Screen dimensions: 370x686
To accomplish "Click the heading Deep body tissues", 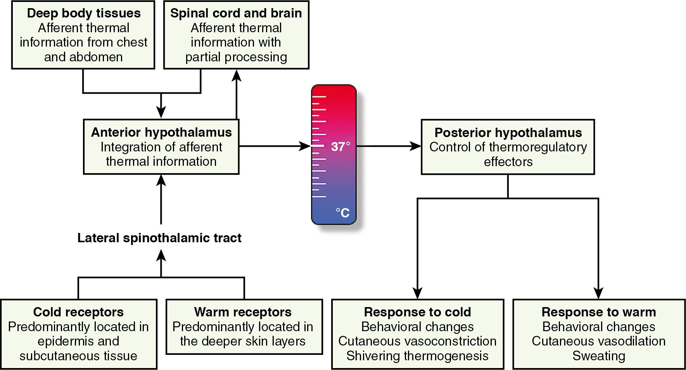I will (x=84, y=13).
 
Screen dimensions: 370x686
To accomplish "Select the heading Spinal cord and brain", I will (x=236, y=13).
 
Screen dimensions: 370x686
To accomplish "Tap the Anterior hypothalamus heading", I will (x=161, y=132).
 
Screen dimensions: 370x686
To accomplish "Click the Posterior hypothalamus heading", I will (x=508, y=133).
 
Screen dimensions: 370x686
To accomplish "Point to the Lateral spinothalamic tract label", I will (x=159, y=238).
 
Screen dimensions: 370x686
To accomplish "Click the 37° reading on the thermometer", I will (x=340, y=147).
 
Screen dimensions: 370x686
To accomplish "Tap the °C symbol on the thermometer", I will (x=342, y=213).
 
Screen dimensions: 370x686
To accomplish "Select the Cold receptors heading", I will (x=78, y=312).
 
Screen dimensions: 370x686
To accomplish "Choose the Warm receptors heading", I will (x=243, y=312).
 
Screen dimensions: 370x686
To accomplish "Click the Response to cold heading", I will (x=417, y=312).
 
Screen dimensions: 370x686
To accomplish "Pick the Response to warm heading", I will (x=599, y=312).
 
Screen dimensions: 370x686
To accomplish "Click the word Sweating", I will (x=599, y=356).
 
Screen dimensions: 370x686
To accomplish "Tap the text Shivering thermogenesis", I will (x=417, y=356).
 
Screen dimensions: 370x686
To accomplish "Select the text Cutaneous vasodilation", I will (x=599, y=341).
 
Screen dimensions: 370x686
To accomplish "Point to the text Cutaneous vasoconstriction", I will (x=417, y=341).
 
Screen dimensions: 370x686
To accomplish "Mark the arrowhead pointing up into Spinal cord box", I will (x=237, y=75).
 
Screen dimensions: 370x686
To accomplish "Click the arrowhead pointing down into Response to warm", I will (x=599, y=293).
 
